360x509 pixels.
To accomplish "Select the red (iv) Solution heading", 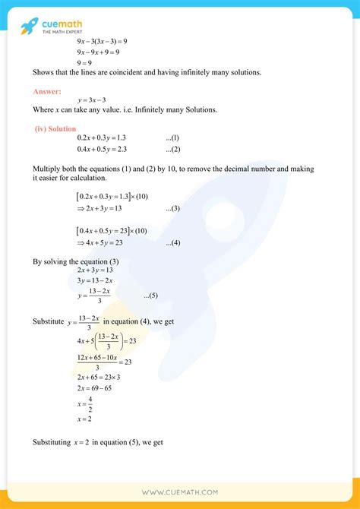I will (55, 128).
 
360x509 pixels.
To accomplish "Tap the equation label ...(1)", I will (172, 138).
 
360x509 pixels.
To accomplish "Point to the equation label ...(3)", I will (172, 208).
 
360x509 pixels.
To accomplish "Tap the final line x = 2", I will (86, 419).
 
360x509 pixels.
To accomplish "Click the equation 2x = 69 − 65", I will (99, 387).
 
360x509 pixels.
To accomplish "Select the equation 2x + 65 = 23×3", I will (105, 376).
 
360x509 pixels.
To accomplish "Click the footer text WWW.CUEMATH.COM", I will (179, 492).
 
